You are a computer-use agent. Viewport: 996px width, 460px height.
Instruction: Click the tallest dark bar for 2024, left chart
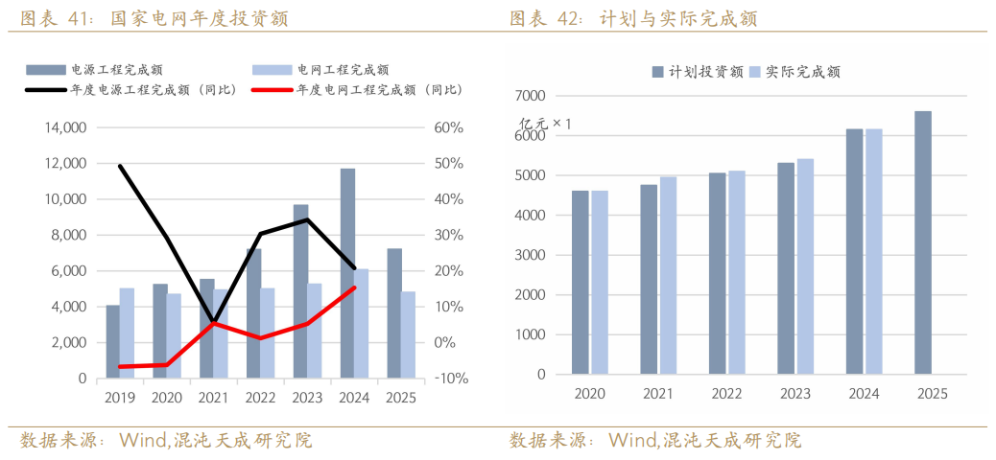click(x=347, y=273)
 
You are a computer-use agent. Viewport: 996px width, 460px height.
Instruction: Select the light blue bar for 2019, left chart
click(x=127, y=333)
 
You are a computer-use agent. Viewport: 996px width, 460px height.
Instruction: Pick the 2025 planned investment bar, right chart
click(x=922, y=242)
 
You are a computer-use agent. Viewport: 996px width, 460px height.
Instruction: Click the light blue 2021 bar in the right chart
click(x=668, y=275)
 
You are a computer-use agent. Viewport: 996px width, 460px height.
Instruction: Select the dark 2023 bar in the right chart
click(x=786, y=268)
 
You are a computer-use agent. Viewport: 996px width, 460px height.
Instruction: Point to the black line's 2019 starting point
click(x=120, y=166)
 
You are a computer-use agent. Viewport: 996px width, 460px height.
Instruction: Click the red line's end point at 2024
click(x=354, y=287)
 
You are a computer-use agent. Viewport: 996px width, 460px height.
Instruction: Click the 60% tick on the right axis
click(x=449, y=127)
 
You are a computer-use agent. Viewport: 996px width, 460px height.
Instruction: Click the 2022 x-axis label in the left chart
click(x=260, y=398)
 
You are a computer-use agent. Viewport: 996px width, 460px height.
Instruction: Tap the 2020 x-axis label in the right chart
click(x=589, y=394)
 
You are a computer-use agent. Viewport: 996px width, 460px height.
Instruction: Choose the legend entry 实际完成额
click(x=802, y=72)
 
